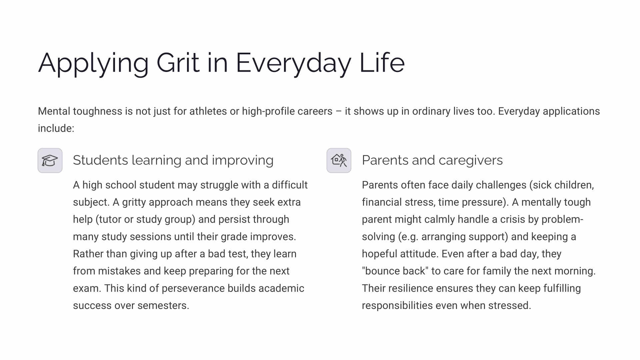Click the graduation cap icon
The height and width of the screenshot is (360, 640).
(50, 161)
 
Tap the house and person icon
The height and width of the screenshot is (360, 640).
(339, 161)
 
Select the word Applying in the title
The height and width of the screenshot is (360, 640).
(93, 63)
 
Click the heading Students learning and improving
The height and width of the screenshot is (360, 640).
(173, 160)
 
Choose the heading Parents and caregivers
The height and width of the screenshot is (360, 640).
(432, 160)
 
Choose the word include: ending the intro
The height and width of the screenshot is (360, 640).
(56, 128)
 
